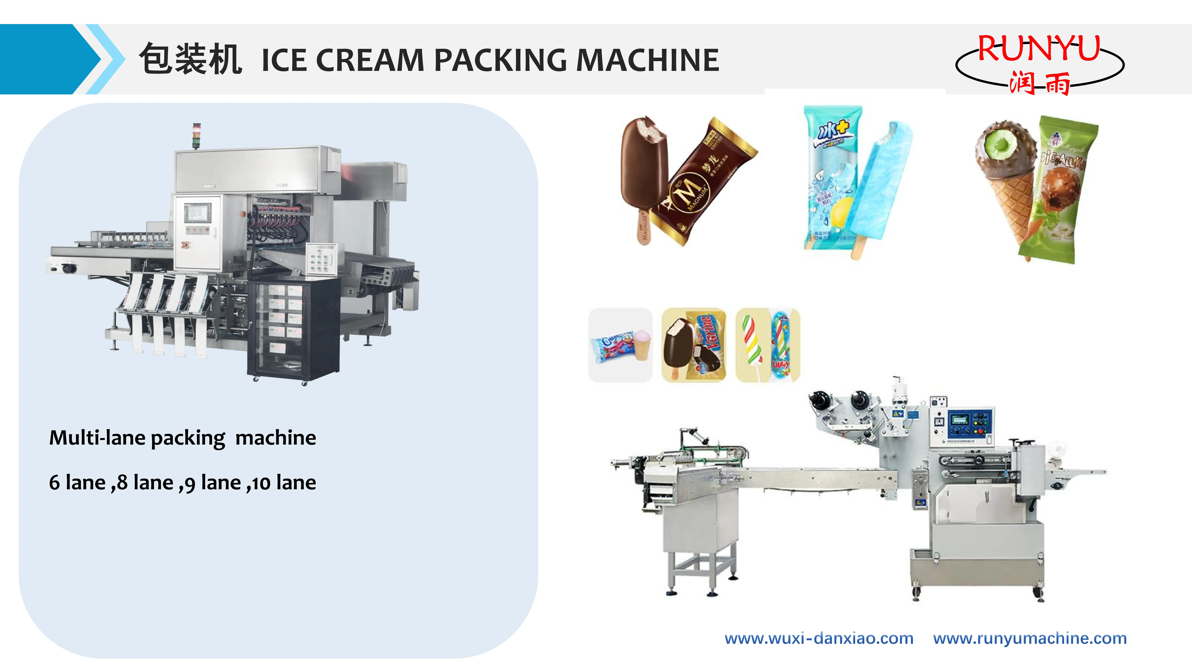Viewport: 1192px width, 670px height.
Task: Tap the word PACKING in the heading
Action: [500, 60]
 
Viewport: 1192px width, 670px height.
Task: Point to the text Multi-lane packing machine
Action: [182, 437]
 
